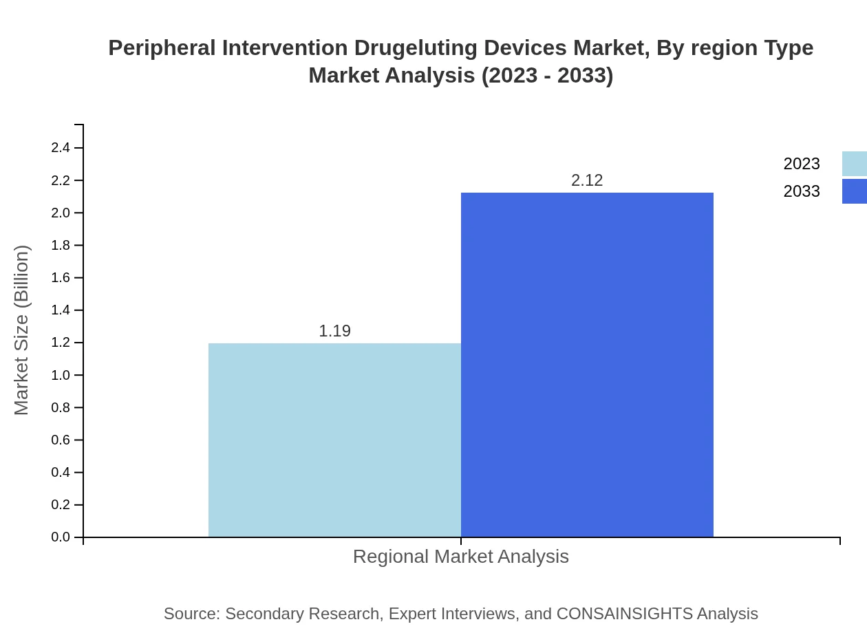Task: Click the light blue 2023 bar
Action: (334, 440)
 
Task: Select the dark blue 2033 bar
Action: (587, 365)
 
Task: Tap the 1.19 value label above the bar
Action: (334, 331)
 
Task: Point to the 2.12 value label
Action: (587, 180)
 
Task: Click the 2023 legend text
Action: (802, 164)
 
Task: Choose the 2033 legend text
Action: (802, 191)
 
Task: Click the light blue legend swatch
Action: (854, 164)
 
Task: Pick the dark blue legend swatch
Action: (854, 191)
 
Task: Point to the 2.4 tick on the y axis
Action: (61, 148)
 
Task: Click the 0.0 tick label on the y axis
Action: (61, 537)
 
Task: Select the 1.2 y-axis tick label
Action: (61, 343)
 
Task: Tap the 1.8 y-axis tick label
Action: (61, 246)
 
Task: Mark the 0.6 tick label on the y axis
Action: (61, 440)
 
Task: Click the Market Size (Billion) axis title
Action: (21, 330)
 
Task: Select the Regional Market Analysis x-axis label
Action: (461, 557)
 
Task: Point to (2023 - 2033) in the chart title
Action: (547, 76)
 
